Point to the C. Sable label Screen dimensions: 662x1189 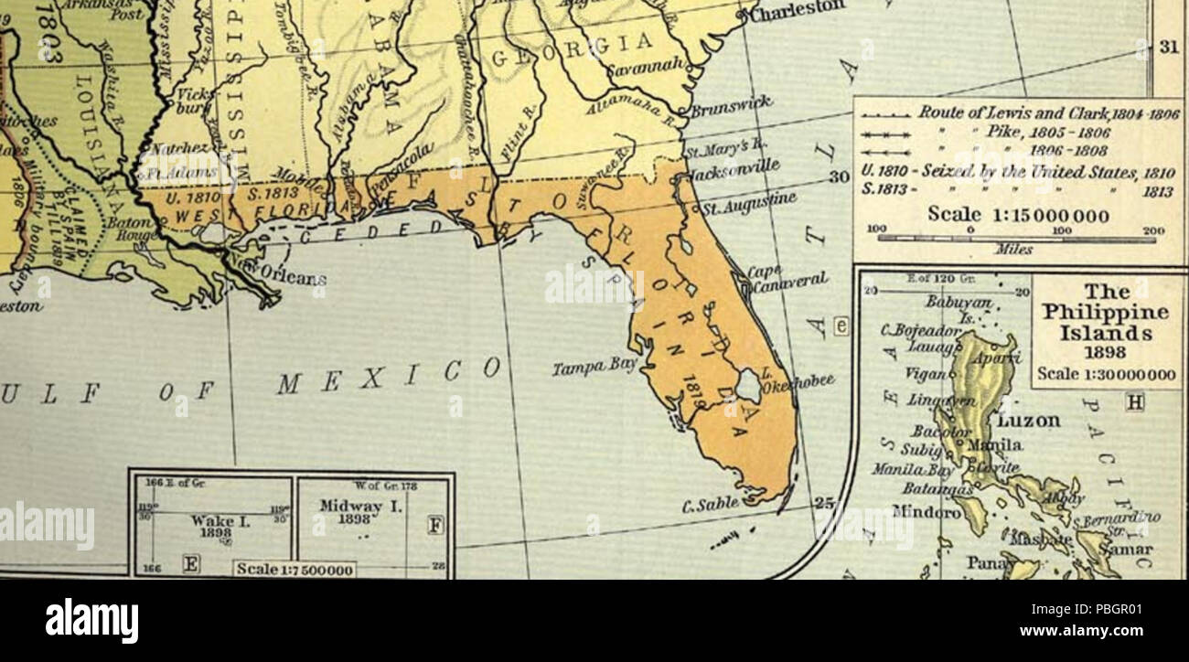[711, 503]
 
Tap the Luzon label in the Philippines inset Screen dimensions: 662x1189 [1028, 422]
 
